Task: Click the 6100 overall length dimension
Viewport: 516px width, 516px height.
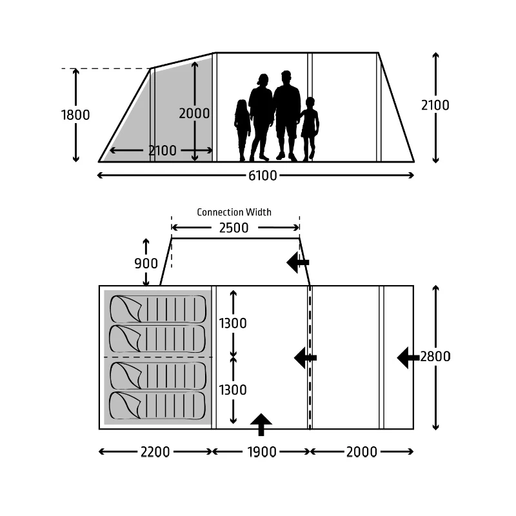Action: tap(263, 175)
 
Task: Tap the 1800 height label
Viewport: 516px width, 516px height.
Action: tap(75, 115)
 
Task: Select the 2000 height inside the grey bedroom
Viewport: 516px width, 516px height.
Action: tap(194, 114)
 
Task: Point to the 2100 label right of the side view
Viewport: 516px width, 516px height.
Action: tap(435, 105)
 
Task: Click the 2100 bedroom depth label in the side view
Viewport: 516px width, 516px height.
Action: tap(163, 151)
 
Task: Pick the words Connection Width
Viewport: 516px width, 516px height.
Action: tap(234, 212)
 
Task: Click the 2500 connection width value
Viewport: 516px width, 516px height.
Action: tap(233, 228)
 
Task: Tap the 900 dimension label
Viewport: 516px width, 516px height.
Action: tap(146, 263)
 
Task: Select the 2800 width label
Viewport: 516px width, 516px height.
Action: tap(435, 357)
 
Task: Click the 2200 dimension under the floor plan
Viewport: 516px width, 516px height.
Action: tap(155, 452)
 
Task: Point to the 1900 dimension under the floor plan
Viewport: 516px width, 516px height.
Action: tap(262, 452)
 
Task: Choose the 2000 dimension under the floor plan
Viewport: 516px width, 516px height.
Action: tap(361, 452)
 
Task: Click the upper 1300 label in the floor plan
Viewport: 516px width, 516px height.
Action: tap(233, 323)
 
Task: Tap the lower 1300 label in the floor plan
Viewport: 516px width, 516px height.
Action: tap(233, 390)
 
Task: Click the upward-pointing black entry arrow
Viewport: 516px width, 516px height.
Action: tap(261, 424)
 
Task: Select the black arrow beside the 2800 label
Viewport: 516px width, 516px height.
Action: tap(408, 358)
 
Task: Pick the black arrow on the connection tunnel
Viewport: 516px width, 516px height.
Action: tap(298, 263)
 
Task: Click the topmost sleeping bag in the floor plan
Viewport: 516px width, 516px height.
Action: tap(158, 309)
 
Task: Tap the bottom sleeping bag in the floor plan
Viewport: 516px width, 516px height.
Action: tap(157, 406)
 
